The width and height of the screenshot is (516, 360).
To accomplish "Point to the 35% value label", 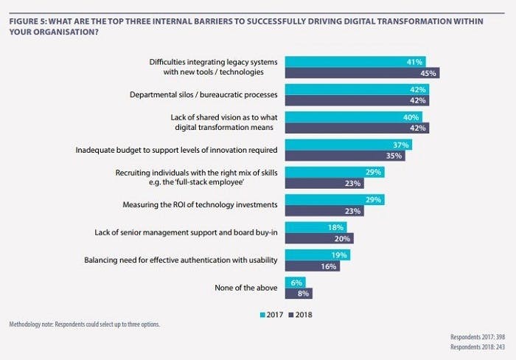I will pyautogui.click(x=395, y=156).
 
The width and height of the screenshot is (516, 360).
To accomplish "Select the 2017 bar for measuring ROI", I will pyautogui.click(x=335, y=200).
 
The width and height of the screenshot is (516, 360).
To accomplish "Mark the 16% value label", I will pyautogui.click(x=330, y=266).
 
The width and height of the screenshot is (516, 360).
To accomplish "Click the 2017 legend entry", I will pyautogui.click(x=272, y=314).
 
